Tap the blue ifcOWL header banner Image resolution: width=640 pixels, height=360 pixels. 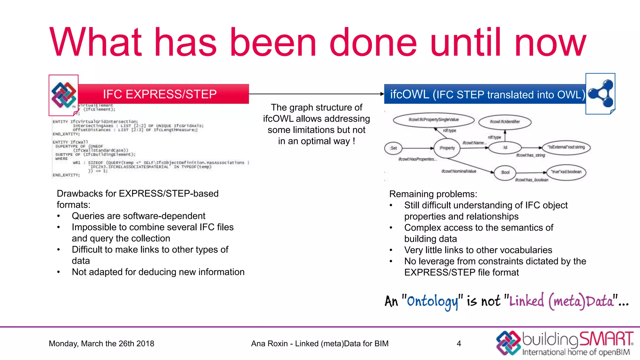pyautogui.click(x=484, y=94)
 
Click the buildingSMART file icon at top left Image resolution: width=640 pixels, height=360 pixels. pyautogui.click(x=63, y=95)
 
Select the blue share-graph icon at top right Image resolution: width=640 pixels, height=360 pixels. pyautogui.click(x=601, y=94)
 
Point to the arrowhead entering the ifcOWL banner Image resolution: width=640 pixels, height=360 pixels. pyautogui.click(x=382, y=94)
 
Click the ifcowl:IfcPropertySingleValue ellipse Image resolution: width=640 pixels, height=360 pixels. pyautogui.click(x=433, y=120)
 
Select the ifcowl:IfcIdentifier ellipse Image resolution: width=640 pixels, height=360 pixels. pyautogui.click(x=505, y=122)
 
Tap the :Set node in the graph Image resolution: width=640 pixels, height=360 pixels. pyautogui.click(x=393, y=148)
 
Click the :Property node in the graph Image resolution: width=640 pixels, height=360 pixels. pyautogui.click(x=447, y=148)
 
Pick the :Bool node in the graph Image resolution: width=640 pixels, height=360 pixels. pyautogui.click(x=505, y=172)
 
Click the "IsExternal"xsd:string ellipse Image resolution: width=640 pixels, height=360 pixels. pyautogui.click(x=566, y=147)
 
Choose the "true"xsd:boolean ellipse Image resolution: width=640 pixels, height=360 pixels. pyautogui.click(x=566, y=172)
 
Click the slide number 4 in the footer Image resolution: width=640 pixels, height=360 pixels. pyautogui.click(x=459, y=343)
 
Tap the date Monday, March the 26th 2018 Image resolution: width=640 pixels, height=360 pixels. pyautogui.click(x=101, y=343)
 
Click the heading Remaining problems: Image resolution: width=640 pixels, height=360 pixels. pyautogui.click(x=433, y=194)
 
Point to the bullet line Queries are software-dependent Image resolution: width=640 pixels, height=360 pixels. pyautogui.click(x=138, y=216)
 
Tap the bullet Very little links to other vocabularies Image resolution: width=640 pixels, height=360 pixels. pyautogui.click(x=478, y=250)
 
